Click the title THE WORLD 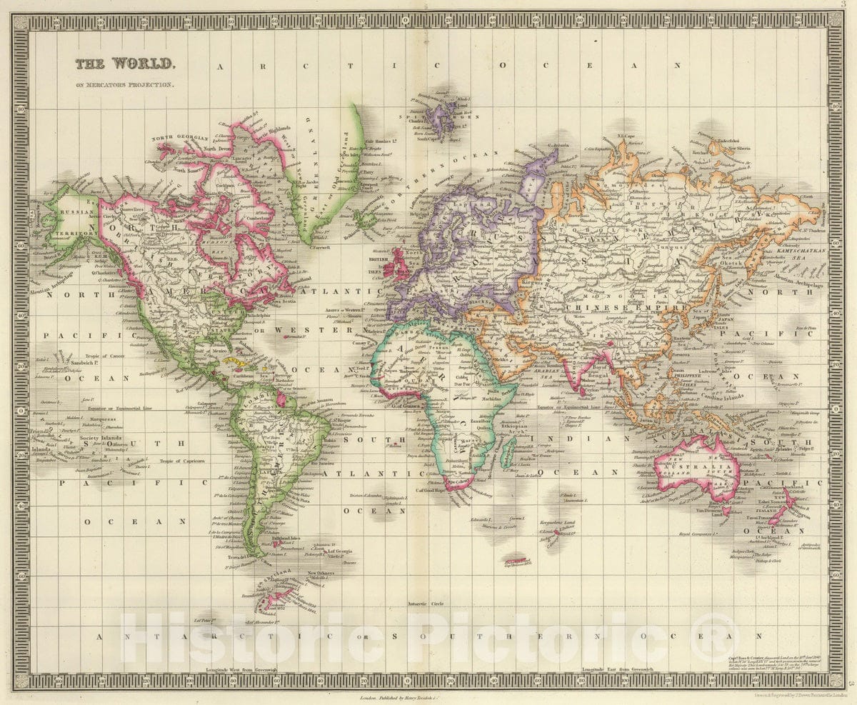point(124,64)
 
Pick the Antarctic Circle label point(426,604)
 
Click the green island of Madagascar point(508,451)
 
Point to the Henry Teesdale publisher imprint point(397,694)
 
